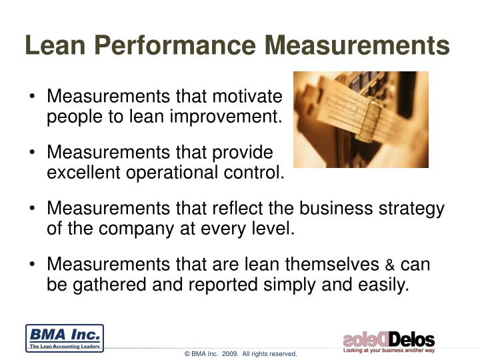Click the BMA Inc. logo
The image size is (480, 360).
pyautogui.click(x=64, y=337)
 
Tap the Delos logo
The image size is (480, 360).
pyautogui.click(x=389, y=339)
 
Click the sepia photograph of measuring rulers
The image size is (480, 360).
pyautogui.click(x=361, y=119)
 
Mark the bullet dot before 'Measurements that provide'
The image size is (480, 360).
pyautogui.click(x=33, y=153)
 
